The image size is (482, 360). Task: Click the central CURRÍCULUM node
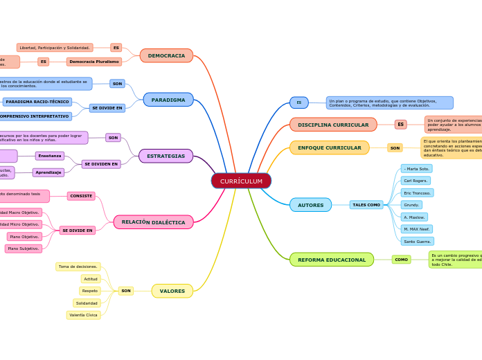click(241, 181)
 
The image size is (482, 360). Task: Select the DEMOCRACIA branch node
click(166, 55)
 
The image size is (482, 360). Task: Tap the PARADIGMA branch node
click(168, 100)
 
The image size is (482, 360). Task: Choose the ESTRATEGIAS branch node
click(166, 156)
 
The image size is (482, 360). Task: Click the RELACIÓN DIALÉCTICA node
click(153, 222)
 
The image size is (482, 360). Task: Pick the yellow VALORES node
click(172, 291)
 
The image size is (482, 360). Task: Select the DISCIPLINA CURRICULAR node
click(333, 125)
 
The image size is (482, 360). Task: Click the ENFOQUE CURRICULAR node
click(329, 147)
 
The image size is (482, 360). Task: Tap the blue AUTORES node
click(310, 205)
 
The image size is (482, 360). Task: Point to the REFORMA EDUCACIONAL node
click(331, 260)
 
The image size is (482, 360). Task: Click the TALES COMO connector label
click(366, 205)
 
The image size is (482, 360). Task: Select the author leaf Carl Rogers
click(416, 181)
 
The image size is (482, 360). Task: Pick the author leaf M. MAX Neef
click(418, 229)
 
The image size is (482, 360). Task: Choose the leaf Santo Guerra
click(417, 241)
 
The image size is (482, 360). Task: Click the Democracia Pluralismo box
click(94, 62)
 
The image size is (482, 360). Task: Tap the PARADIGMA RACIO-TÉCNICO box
click(37, 102)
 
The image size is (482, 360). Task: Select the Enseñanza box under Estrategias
click(50, 156)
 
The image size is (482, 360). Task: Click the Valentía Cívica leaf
click(83, 315)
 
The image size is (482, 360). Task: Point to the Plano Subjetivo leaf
click(24, 249)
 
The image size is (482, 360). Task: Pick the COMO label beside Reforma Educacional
click(401, 260)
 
